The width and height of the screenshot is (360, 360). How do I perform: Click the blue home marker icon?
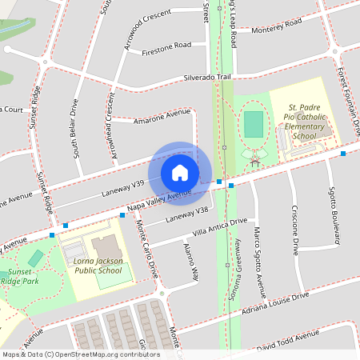click(x=179, y=172)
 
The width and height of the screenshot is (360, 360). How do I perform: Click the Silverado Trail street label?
click(x=207, y=78)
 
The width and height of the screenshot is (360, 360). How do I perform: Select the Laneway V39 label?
click(x=122, y=189)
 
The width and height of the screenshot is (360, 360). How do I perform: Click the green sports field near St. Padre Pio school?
click(x=253, y=124)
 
